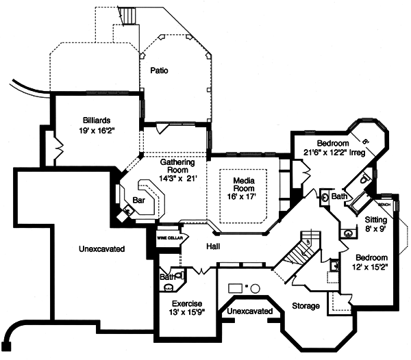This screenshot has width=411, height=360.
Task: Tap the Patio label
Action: click(x=160, y=70)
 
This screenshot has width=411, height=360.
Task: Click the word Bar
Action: click(x=139, y=201)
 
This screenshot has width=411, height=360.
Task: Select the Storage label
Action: click(x=306, y=306)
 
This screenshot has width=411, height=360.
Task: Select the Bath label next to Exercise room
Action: click(x=167, y=277)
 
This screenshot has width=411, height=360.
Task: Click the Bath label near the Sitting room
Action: click(x=340, y=196)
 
